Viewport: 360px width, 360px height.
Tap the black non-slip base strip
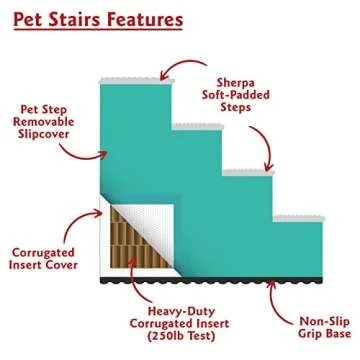[x=220, y=279]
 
